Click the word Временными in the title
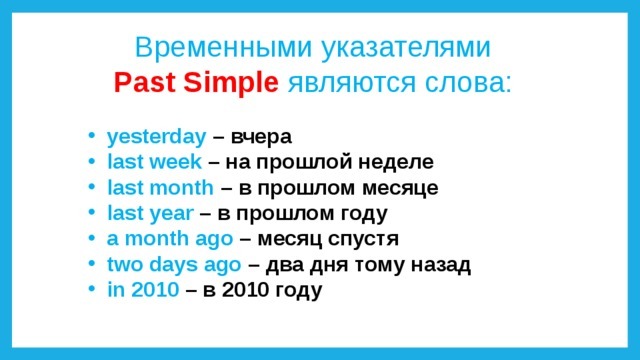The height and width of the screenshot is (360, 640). [223, 47]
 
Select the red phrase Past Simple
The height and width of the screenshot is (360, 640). [196, 83]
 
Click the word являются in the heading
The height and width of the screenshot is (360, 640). [352, 84]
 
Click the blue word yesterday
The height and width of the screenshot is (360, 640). [157, 137]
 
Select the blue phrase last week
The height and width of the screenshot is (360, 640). [154, 162]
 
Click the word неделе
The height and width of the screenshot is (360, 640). [396, 163]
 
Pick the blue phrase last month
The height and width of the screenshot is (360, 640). [160, 188]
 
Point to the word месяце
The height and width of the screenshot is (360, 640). [400, 189]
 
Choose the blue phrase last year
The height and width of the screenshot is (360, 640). [150, 213]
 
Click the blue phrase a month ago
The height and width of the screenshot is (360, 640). [170, 239]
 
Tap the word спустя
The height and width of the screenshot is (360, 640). [363, 240]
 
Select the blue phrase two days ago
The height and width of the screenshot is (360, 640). [174, 264]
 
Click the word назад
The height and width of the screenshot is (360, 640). [441, 265]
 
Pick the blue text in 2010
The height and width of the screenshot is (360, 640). [143, 290]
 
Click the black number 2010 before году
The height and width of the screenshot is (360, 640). [246, 290]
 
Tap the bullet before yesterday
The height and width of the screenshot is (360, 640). [92, 135]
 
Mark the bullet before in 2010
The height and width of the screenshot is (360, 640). [92, 289]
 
